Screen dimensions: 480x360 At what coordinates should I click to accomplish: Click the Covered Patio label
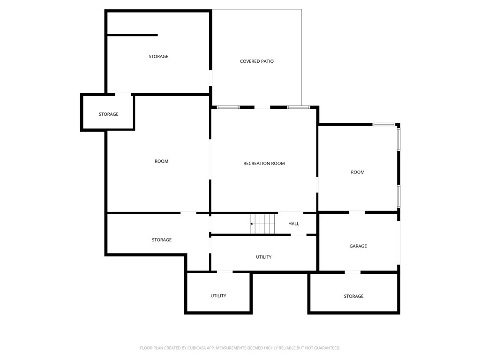point(256,61)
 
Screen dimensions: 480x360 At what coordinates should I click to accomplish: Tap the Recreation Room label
point(264,164)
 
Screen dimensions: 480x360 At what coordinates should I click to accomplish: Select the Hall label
point(293,224)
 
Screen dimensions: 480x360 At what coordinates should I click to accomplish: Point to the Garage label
point(358,246)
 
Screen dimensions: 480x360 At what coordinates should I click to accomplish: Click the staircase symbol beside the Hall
point(262,224)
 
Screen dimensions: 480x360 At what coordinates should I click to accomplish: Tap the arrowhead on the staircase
point(251,224)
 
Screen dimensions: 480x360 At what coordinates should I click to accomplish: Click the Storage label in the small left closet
point(108,114)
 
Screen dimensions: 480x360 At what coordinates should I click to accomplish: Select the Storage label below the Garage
point(353,296)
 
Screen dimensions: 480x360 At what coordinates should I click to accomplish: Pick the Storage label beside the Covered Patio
point(158,57)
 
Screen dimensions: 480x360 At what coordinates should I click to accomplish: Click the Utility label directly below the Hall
point(263,257)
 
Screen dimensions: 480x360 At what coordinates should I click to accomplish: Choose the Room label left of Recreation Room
point(161,161)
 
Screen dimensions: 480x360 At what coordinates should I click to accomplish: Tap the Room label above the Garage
point(358,172)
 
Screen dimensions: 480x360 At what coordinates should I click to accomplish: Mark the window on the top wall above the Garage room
point(383,125)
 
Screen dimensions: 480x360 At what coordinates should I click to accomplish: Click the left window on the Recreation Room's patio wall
point(228,107)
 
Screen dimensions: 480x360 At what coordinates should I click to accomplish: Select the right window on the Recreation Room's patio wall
point(299,107)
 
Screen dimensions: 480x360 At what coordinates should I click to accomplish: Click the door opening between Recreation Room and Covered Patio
point(262,107)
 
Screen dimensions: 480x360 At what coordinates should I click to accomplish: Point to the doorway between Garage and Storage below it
point(352,272)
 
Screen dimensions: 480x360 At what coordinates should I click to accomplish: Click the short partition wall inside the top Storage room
point(132,35)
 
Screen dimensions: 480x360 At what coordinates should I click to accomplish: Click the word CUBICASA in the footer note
point(199,348)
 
